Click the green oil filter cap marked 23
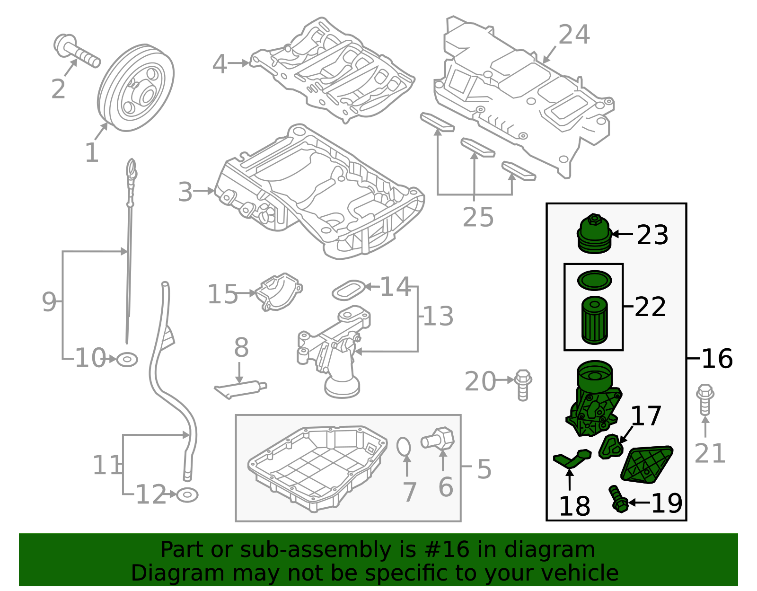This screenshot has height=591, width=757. click(x=594, y=235)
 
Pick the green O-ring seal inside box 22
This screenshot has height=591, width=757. click(x=594, y=280)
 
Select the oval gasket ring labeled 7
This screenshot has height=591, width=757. click(x=404, y=446)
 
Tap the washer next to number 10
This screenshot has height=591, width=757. click(x=127, y=360)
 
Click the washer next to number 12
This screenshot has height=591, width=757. click(x=187, y=495)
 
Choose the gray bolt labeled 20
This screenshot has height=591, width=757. click(x=522, y=385)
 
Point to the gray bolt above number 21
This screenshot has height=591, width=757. click(x=705, y=400)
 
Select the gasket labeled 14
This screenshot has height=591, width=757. click(x=349, y=290)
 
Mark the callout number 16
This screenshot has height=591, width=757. click(x=717, y=358)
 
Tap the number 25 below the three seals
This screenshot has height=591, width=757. click(x=478, y=217)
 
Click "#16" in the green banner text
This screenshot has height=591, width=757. click(x=447, y=550)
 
